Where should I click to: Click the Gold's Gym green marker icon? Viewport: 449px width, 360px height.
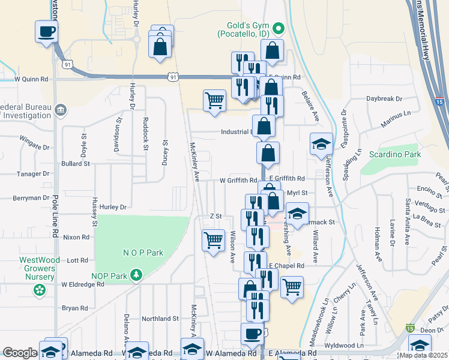tap(278, 28)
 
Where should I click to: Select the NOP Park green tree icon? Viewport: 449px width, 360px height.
tap(137, 275)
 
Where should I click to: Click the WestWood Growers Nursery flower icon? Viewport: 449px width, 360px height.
tap(40, 290)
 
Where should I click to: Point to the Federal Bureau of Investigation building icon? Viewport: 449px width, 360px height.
tap(60, 110)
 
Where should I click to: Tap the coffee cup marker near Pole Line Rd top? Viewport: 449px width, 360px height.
tap(46, 32)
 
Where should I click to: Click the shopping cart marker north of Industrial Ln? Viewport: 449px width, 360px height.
tap(214, 101)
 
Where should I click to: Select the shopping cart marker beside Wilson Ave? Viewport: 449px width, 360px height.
tap(213, 241)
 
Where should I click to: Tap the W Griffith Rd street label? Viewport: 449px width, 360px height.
tap(238, 179)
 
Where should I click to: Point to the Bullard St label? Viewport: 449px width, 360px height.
tap(75, 163)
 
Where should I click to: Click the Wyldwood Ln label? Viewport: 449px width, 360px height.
tap(344, 346)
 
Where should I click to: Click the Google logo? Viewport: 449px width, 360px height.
tap(20, 353)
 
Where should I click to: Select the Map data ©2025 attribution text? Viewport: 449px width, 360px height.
tap(423, 355)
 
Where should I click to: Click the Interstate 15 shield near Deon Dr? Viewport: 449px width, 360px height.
tap(410, 328)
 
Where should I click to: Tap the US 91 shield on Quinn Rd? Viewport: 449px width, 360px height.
tap(173, 76)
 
